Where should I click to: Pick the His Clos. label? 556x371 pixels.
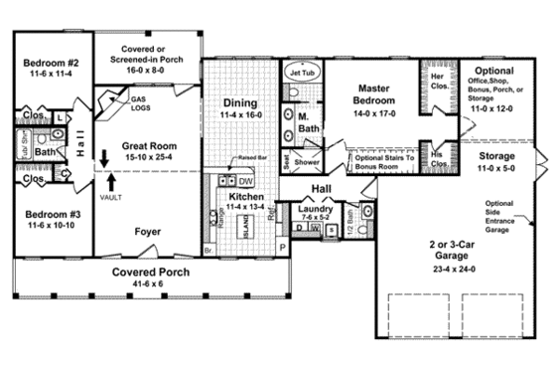tap(436, 158)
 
